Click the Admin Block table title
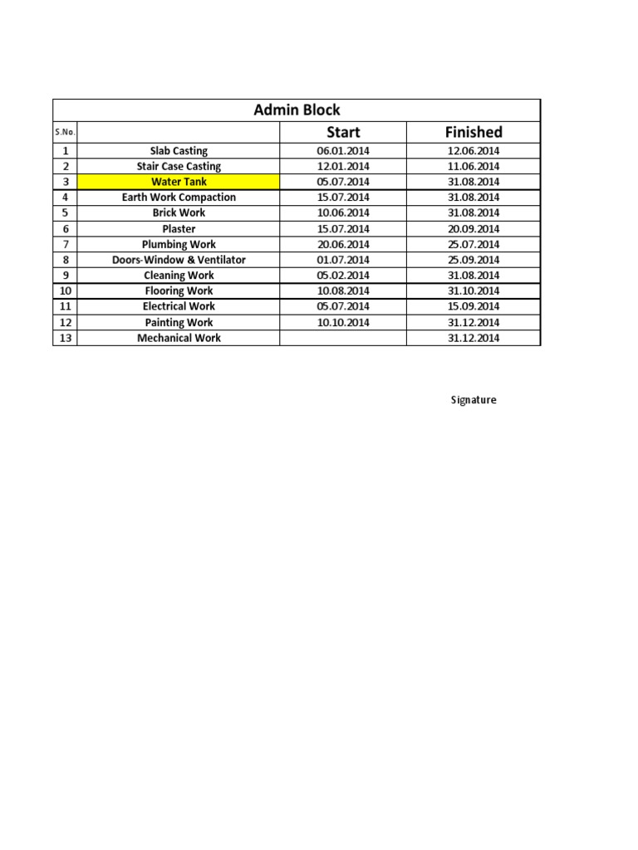[297, 110]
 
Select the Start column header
[343, 132]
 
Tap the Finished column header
[474, 132]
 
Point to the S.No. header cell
[65, 133]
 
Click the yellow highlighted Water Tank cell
[179, 182]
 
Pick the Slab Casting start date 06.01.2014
[343, 151]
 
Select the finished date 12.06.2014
[474, 151]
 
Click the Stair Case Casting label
[179, 166]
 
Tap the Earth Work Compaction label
[179, 198]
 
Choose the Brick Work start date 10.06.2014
[343, 213]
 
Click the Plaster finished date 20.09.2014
[474, 229]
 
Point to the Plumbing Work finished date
[474, 245]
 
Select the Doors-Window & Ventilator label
[179, 260]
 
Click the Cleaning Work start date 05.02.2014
[343, 276]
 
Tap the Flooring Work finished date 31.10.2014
[474, 291]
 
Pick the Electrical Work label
[179, 306]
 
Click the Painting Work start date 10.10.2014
[343, 323]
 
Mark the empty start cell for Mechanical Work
[343, 339]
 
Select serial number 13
[65, 339]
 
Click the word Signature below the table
[474, 400]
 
